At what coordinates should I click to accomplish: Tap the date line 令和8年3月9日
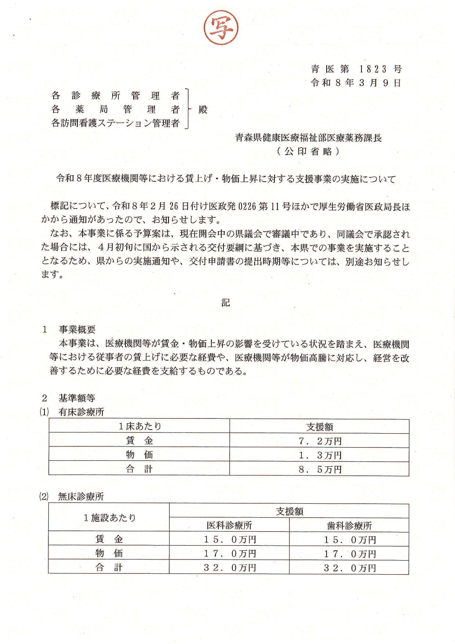pos(356,83)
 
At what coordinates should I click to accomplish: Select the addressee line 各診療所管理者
pos(116,96)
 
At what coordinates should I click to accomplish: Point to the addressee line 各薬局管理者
pos(116,109)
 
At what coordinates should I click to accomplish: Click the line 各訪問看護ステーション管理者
pos(116,123)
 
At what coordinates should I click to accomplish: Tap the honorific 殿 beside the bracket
pos(203,109)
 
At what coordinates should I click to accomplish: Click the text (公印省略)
pos(308,151)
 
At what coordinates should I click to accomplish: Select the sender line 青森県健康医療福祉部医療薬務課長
pos(308,138)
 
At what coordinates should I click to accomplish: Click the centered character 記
pos(226,302)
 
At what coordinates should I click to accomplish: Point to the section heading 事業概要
pos(77,329)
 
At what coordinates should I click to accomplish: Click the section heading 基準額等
pos(77,398)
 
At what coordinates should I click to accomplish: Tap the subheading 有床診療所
pos(81,412)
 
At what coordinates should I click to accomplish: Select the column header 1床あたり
pos(140,427)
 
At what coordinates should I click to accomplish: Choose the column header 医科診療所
pos(229,525)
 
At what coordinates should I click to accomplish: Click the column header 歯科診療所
pos(349,526)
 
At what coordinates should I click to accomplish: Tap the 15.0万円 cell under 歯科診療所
pos(350,540)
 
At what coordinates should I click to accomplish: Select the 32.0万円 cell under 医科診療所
pos(230,568)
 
